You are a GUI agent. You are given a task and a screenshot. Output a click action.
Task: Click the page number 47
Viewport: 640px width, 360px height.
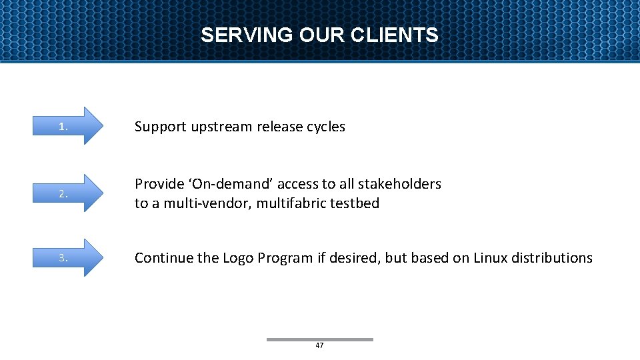coord(319,345)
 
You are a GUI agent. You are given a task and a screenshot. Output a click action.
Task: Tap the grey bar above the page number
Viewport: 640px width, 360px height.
coord(319,339)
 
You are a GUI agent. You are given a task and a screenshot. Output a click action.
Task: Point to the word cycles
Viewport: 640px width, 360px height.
coord(326,127)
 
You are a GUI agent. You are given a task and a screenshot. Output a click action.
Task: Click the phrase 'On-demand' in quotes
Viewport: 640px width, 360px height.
coord(227,184)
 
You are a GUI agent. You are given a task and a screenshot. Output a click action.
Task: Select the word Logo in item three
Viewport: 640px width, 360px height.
coord(237,258)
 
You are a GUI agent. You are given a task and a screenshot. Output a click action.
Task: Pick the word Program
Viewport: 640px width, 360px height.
coord(283,259)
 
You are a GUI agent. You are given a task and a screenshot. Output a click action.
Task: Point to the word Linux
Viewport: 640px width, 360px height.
coord(491,258)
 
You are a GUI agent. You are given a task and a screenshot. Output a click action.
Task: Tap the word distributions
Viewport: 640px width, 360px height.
coord(552,258)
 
